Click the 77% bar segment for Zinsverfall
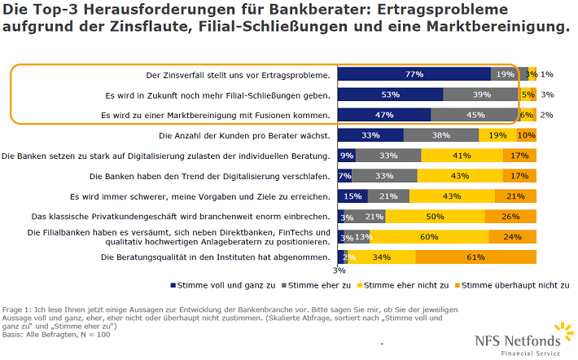[x=414, y=74]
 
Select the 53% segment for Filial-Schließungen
[x=390, y=94]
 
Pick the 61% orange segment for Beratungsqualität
[x=476, y=257]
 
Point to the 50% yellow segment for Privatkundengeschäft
[x=435, y=217]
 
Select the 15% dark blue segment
[x=352, y=196]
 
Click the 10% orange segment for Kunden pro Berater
[x=527, y=135]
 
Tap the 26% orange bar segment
[x=510, y=217]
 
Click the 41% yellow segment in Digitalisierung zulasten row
[x=461, y=156]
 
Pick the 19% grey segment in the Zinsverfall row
[x=506, y=74]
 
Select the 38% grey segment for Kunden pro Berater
[x=440, y=135]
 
